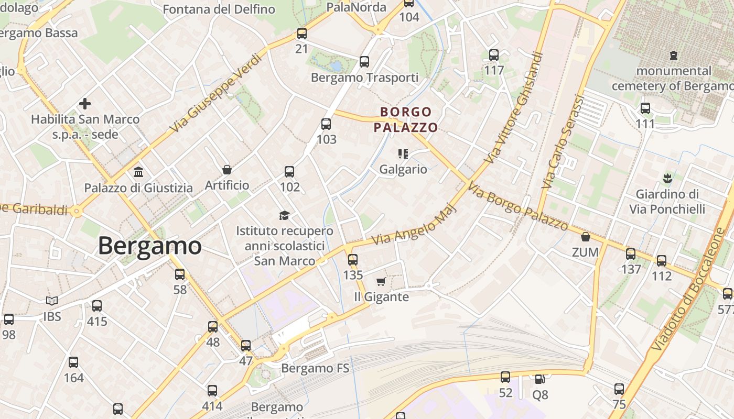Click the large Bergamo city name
click(x=149, y=246)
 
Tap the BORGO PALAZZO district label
click(x=405, y=119)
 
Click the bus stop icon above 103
click(x=326, y=124)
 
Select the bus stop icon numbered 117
click(x=494, y=54)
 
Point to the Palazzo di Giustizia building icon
click(x=138, y=172)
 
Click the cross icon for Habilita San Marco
click(x=85, y=104)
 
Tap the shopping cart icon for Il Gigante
click(x=381, y=282)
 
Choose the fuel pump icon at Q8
click(x=539, y=379)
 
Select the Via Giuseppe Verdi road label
click(x=215, y=93)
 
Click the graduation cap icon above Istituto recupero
click(x=284, y=215)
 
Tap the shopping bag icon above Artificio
click(x=227, y=169)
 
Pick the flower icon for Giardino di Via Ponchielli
click(x=667, y=179)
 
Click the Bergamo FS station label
click(x=315, y=368)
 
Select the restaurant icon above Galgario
click(x=403, y=154)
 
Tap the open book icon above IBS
click(x=51, y=301)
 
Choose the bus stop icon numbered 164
click(x=73, y=362)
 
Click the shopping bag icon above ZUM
click(x=586, y=237)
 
